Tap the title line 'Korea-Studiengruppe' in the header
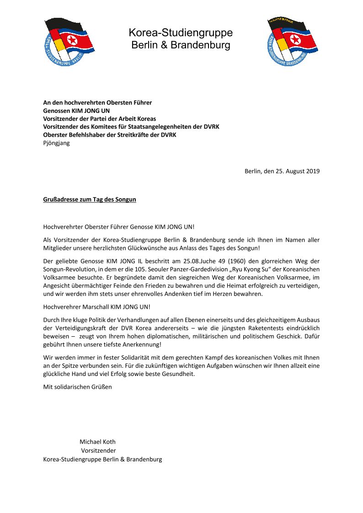[181, 33]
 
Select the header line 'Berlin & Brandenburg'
[181, 45]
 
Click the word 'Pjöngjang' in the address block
[57, 143]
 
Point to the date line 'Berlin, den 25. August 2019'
[282, 171]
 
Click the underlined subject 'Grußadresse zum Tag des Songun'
[90, 200]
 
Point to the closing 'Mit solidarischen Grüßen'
[77, 387]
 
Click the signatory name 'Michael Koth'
[97, 442]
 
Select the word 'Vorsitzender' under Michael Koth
[98, 450]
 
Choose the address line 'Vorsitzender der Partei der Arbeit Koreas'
[99, 118]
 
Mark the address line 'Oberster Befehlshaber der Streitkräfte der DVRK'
[109, 135]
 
